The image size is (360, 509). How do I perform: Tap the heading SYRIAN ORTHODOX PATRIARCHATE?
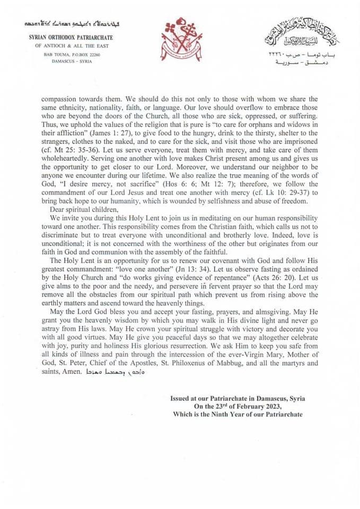tap(71, 38)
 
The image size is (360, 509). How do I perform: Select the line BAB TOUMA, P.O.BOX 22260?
tap(71, 55)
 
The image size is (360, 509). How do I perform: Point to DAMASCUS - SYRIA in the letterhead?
tap(71, 62)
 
